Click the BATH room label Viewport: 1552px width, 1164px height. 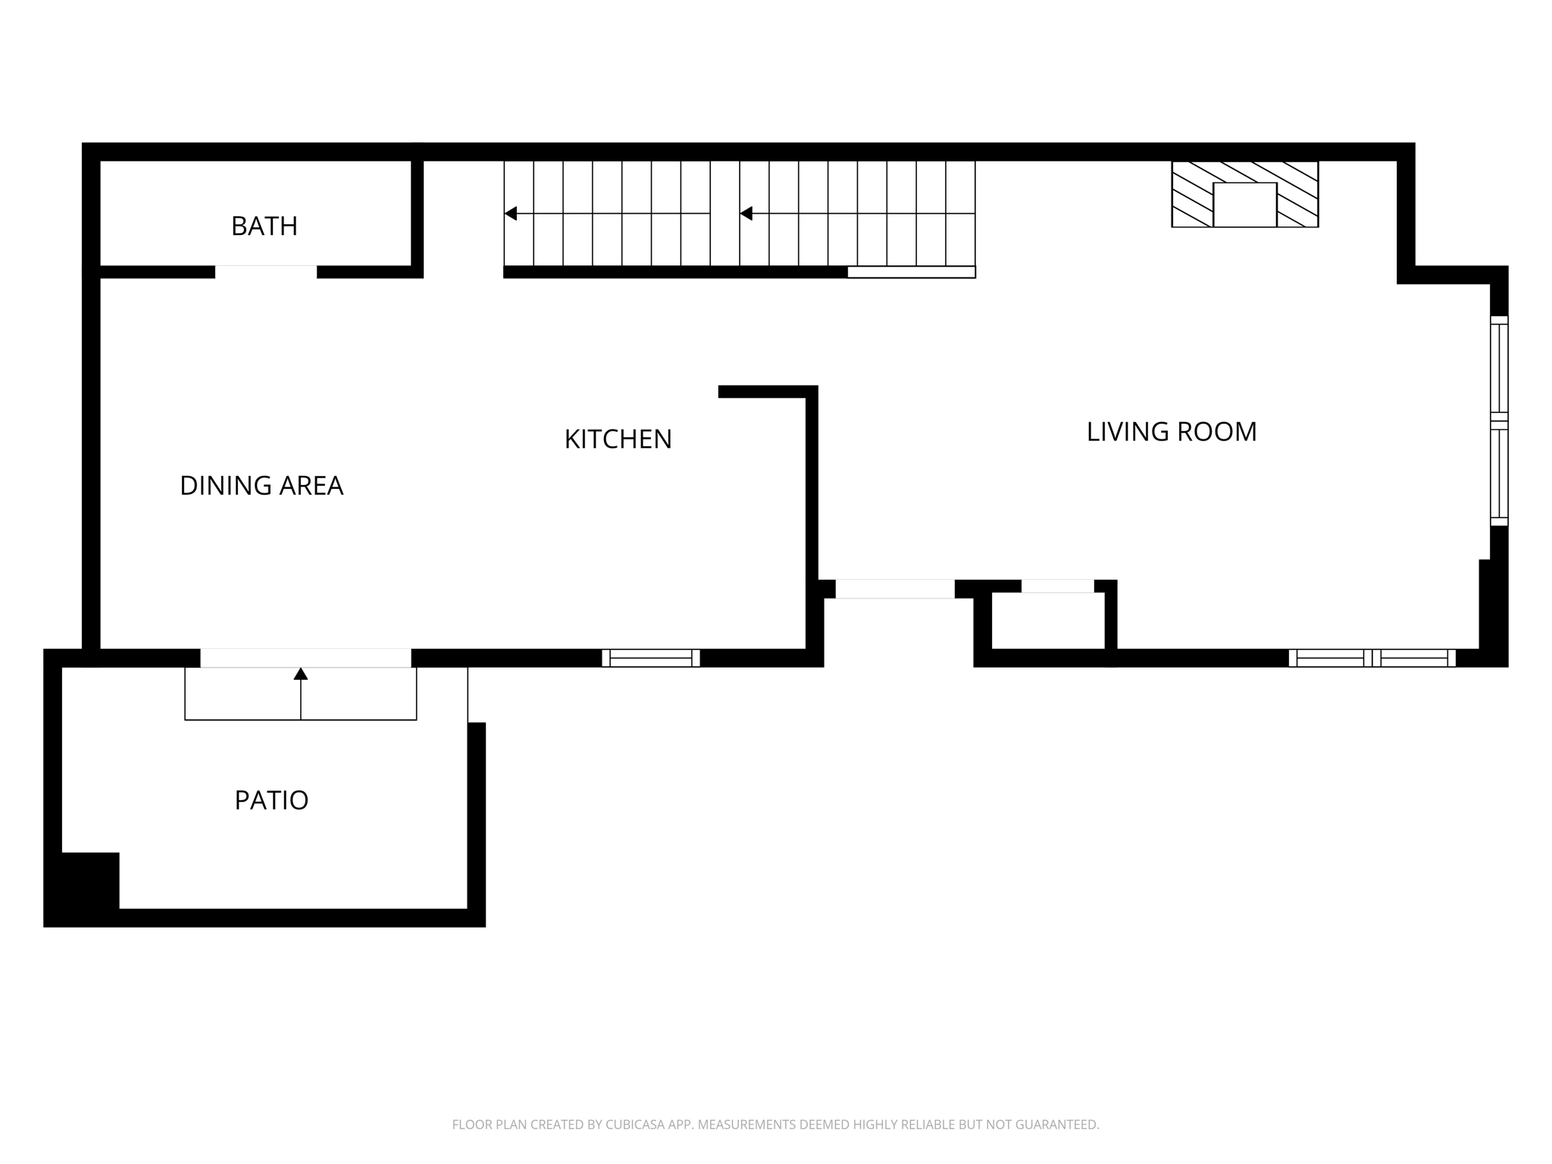point(264,226)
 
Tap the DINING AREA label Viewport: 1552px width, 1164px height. point(261,486)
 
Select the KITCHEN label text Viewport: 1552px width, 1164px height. point(618,440)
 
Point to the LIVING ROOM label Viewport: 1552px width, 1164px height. point(1172,432)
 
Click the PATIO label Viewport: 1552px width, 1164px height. point(271,800)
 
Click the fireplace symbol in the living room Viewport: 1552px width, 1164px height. point(1244,195)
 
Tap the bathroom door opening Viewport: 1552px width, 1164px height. point(266,272)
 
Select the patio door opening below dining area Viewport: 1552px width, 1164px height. point(305,658)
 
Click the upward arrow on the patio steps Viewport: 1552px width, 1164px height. point(301,674)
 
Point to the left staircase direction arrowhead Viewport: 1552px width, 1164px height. point(511,214)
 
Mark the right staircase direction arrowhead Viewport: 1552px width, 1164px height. point(746,214)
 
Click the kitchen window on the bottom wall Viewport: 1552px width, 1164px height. point(651,658)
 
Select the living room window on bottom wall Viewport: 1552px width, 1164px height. point(1372,658)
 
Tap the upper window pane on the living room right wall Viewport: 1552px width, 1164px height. point(1499,368)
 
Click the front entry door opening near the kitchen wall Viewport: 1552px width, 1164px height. point(895,589)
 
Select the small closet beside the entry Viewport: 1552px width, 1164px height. point(1048,621)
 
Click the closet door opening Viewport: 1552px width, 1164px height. point(1057,586)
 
